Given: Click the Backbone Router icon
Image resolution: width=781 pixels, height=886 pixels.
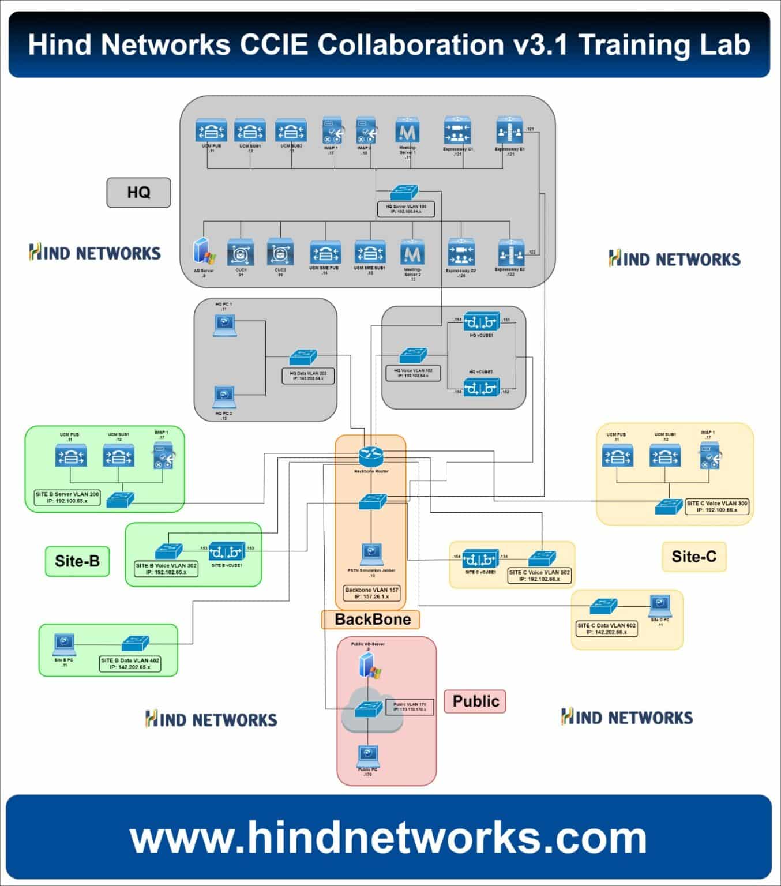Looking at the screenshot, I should coord(371,456).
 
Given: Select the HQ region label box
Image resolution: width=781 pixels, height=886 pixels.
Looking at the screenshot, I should coord(138,192).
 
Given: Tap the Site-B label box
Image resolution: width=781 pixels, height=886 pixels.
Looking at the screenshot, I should coord(77,561).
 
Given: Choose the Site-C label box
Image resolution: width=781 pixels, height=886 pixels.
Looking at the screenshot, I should coord(693,557).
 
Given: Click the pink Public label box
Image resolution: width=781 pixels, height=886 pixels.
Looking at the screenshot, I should coord(475,701).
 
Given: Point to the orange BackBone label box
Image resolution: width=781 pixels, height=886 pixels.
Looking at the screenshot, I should coord(372,620).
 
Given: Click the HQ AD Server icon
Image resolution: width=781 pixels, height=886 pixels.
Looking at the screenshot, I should coord(204,253).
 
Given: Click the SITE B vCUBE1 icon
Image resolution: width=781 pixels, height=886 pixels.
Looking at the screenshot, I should coord(227,551).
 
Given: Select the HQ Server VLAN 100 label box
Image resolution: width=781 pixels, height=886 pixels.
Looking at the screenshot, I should coord(405,209).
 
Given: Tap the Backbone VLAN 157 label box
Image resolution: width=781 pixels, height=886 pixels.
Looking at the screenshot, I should coord(371,593).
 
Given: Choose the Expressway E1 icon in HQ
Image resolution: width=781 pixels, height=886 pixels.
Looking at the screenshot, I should coord(509,132).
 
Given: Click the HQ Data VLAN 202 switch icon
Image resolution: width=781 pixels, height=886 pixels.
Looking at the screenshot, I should coord(303,356).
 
